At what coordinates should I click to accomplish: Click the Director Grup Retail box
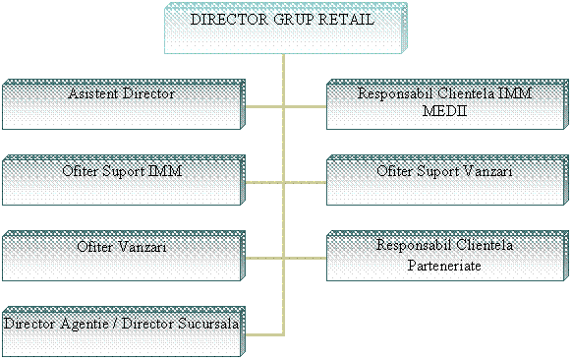(285, 29)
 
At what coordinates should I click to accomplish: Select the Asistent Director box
(122, 104)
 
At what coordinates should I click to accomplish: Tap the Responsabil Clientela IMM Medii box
(447, 104)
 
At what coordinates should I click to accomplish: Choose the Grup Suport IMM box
(122, 179)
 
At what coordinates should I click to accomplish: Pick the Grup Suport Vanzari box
(447, 179)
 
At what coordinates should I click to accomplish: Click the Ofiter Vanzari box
(122, 256)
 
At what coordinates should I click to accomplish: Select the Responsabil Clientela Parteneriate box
(447, 256)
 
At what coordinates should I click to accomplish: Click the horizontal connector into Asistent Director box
(263, 104)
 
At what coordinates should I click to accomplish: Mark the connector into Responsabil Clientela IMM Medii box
(305, 104)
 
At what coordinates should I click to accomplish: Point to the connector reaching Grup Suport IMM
(263, 181)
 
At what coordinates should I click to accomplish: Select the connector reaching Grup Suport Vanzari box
(305, 181)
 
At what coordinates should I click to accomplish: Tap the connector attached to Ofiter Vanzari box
(263, 257)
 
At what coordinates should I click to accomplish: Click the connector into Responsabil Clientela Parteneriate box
(305, 257)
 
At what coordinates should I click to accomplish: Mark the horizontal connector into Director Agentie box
(263, 332)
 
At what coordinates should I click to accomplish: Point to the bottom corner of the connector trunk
(284, 332)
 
